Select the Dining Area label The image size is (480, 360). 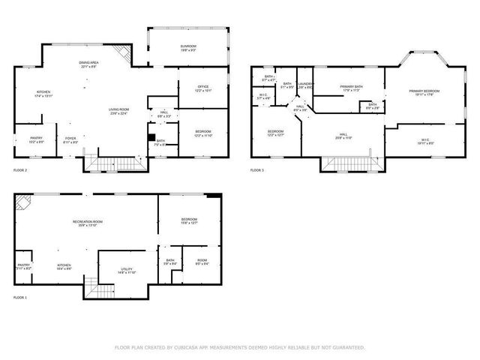coord(91,64)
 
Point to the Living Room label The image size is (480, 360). coord(118,111)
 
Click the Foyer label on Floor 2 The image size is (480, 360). coord(70,139)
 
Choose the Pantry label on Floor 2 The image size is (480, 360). coord(36,139)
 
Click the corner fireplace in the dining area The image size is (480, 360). coord(121,53)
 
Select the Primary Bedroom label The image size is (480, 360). coord(424,92)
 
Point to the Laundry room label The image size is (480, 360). coord(304,85)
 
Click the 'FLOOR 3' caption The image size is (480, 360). coord(257,171)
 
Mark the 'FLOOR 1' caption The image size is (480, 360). coord(20,298)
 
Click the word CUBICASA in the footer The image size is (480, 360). coord(184,348)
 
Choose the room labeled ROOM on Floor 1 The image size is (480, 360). coord(202,262)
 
